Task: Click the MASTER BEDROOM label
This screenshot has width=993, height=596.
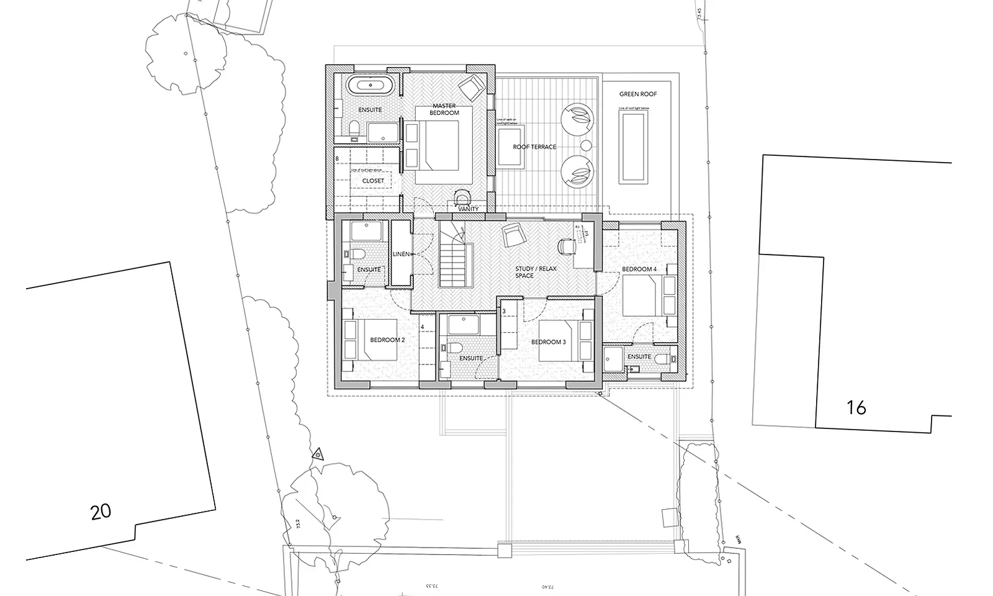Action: pyautogui.click(x=445, y=109)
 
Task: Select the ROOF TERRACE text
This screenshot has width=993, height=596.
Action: pyautogui.click(x=534, y=147)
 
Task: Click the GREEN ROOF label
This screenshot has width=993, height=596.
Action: pyautogui.click(x=637, y=94)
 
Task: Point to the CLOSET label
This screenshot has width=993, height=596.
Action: pyautogui.click(x=373, y=181)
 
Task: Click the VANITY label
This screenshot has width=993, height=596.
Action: pyautogui.click(x=469, y=209)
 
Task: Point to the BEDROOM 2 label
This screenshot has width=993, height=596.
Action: pyautogui.click(x=387, y=340)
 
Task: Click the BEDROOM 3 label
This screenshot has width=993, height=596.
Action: pyautogui.click(x=548, y=342)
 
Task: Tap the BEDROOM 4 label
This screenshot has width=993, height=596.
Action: pyautogui.click(x=639, y=269)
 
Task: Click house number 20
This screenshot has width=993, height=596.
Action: pyautogui.click(x=101, y=512)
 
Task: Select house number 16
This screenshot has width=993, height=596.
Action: pyautogui.click(x=856, y=408)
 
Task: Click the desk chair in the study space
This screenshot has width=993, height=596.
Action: pyautogui.click(x=565, y=245)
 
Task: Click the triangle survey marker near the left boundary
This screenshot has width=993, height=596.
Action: pyautogui.click(x=317, y=454)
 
